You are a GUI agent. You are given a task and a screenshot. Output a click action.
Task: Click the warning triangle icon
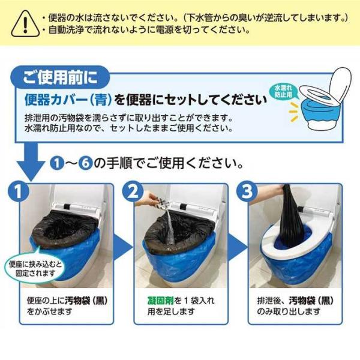25,24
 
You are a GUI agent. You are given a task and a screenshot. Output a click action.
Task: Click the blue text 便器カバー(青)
68,100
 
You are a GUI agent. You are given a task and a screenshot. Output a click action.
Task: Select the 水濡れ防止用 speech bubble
284,92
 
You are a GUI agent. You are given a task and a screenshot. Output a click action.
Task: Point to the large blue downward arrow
31,163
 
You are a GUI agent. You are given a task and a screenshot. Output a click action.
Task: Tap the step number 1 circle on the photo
19,191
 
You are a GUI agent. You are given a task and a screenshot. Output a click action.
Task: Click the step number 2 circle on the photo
133,191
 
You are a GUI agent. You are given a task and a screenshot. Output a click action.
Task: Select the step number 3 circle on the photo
247,191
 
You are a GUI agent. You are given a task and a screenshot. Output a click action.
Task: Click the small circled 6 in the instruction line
85,163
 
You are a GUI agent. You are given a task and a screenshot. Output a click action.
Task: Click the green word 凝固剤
161,301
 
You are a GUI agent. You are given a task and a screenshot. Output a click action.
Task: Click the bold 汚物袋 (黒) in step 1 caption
86,301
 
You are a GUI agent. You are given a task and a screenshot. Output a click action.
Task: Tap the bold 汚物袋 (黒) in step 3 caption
311,301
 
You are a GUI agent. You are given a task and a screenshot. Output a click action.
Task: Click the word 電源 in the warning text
164,30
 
